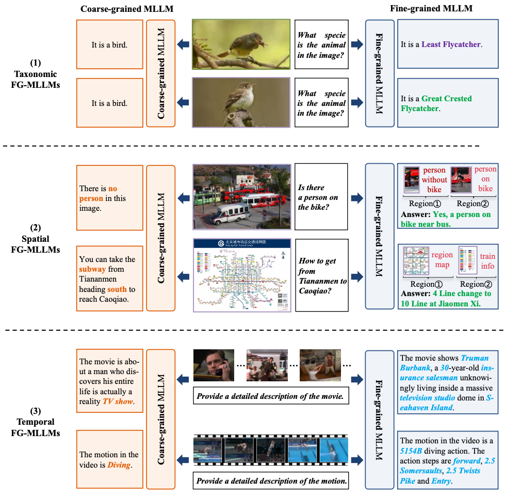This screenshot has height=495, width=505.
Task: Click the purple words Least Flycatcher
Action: [x=451, y=44]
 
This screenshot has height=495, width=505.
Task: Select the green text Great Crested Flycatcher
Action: [x=436, y=103]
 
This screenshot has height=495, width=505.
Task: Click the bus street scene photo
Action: [x=241, y=196]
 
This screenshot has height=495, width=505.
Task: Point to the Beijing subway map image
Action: [x=241, y=275]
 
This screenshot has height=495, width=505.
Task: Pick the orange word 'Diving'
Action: [x=119, y=465]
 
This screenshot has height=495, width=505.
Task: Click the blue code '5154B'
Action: [x=411, y=451]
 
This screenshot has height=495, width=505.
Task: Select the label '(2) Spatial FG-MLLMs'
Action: [x=35, y=239]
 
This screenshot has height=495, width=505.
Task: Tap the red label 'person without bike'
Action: [x=434, y=180]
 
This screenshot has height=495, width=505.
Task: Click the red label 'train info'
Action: [x=487, y=261]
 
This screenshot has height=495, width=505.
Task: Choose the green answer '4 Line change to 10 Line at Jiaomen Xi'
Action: [x=446, y=299]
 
